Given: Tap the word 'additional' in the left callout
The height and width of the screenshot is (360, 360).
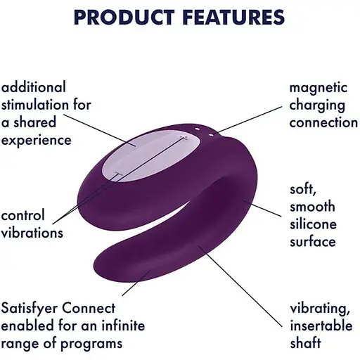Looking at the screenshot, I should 33,87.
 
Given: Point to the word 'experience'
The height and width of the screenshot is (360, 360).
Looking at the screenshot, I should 36,140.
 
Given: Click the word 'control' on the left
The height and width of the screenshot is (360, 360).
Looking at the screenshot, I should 23,215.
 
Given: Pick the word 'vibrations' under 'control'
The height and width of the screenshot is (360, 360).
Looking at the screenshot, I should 32,233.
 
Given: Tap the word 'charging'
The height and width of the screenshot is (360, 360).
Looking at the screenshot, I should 318,105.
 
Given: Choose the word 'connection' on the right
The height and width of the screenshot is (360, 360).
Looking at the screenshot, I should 324,122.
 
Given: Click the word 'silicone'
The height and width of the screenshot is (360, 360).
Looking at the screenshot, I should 314,225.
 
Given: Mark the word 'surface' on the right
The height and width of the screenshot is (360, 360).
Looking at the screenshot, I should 313,242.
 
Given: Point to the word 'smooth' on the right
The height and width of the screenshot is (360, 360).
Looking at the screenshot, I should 312,207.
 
